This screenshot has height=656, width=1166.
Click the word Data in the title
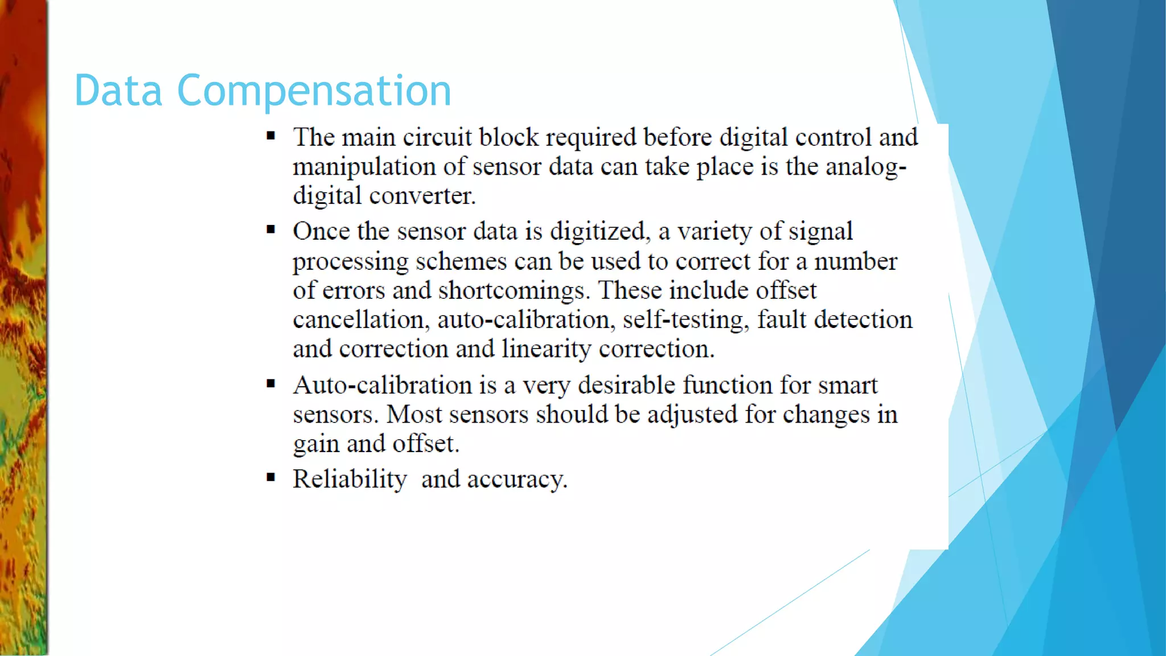pyautogui.click(x=118, y=91)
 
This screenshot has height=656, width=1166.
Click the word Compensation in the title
pyautogui.click(x=314, y=92)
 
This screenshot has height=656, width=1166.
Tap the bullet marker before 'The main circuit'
pyautogui.click(x=271, y=136)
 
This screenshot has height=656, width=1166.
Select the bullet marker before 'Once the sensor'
pyautogui.click(x=271, y=229)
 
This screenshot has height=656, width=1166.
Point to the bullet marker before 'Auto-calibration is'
pyautogui.click(x=271, y=384)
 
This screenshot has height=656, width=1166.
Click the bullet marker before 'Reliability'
pyautogui.click(x=271, y=477)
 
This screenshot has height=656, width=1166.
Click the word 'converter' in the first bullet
pyautogui.click(x=422, y=196)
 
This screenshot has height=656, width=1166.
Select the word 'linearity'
pyautogui.click(x=546, y=349)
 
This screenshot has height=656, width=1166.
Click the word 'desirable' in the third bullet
pyautogui.click(x=626, y=386)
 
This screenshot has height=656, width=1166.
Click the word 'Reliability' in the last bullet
pyautogui.click(x=350, y=479)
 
